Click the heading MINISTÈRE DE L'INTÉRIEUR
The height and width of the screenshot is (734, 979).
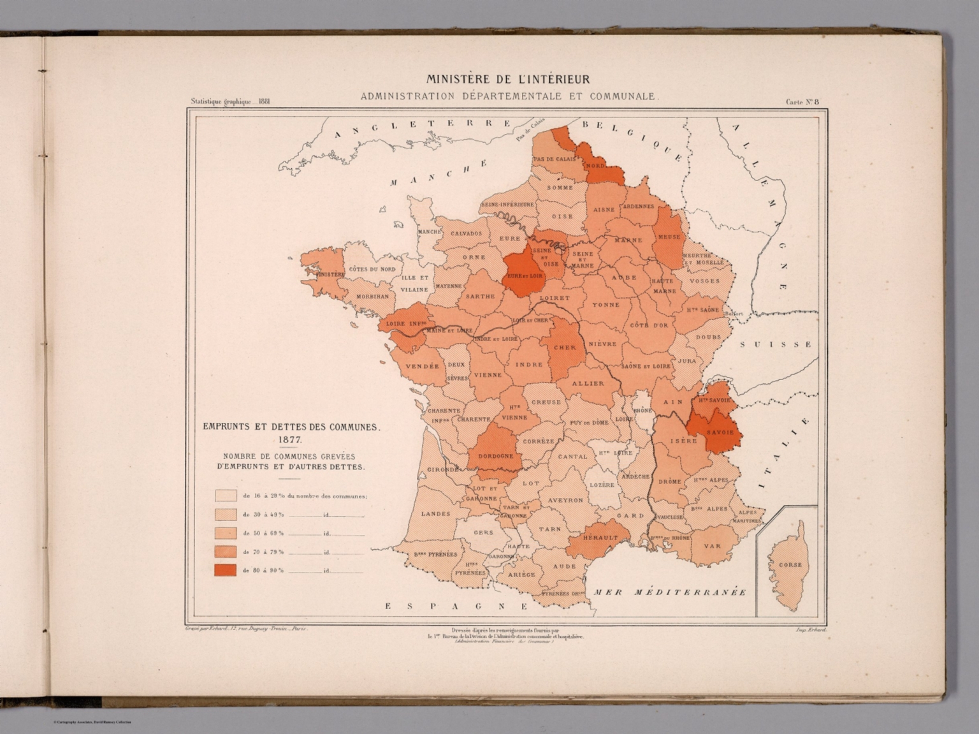tap(507, 80)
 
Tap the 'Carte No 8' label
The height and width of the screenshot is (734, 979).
tap(806, 101)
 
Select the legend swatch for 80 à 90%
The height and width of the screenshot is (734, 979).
tap(226, 570)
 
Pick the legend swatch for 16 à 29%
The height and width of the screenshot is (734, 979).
tap(226, 495)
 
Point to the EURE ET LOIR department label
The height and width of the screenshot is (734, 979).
tap(523, 276)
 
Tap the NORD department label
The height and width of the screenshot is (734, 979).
tap(595, 166)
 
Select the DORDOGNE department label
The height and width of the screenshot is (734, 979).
tap(495, 456)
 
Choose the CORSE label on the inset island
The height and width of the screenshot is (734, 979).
tap(790, 565)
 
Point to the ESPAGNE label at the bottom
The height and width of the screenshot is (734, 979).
tap(456, 606)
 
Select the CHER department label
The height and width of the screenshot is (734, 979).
tap(564, 348)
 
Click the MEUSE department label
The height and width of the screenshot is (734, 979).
tap(669, 237)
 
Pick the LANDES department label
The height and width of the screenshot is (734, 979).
tap(435, 513)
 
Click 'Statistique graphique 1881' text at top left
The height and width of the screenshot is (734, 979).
tap(230, 101)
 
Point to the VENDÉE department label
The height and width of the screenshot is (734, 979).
tap(422, 366)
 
